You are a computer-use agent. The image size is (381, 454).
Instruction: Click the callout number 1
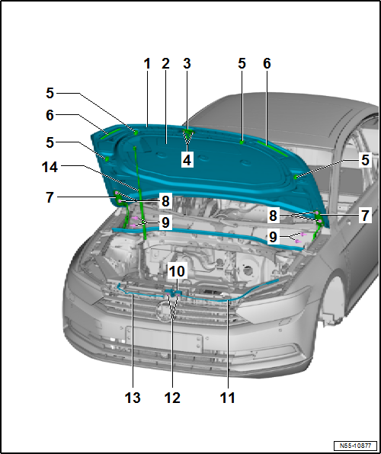pos(148,65)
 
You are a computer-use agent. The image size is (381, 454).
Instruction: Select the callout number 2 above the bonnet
pos(165,65)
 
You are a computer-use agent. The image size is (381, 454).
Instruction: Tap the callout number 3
pos(187,65)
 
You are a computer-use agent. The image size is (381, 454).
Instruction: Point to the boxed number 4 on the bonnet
pos(187,159)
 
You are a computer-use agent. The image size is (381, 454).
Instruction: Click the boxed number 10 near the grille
pos(177,271)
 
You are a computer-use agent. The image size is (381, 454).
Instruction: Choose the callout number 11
pos(227,397)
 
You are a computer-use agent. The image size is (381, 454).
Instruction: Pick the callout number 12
pos(172,397)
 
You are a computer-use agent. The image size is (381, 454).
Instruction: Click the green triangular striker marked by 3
pos(187,135)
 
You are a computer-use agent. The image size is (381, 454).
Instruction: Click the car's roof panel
pos(305,114)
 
